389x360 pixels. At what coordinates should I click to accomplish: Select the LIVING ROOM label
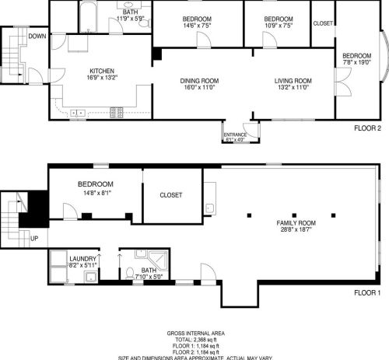coord(293,80)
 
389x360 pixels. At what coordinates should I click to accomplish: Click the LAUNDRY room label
coord(82,259)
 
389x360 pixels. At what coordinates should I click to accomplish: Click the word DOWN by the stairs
coord(37,36)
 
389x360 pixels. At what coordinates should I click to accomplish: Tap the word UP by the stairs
coord(34,239)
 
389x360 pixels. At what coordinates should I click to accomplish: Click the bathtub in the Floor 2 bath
coord(87,16)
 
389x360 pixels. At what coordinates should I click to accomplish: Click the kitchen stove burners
coord(117,113)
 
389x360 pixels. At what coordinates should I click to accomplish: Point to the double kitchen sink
coord(78,114)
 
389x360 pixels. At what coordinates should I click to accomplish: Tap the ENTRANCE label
coord(235,135)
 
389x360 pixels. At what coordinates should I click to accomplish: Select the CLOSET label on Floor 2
coord(323,23)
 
